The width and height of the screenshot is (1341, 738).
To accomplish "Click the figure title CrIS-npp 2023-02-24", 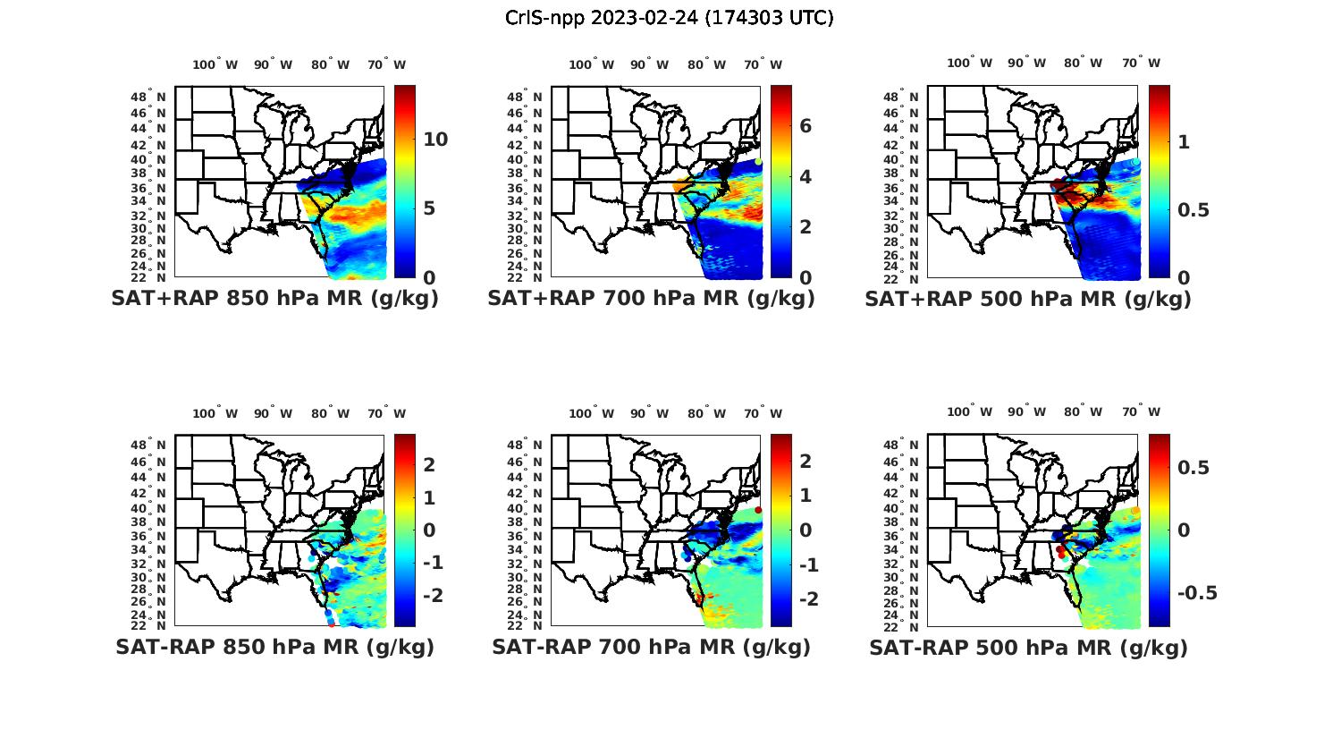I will tap(669, 18).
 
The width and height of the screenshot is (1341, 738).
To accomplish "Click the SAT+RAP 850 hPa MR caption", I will tap(274, 299).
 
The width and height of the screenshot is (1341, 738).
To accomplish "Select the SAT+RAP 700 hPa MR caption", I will tap(651, 299).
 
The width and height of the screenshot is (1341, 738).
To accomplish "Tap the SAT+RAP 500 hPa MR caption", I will tap(1028, 299).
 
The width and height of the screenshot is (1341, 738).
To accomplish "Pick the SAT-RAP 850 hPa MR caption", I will tap(274, 647).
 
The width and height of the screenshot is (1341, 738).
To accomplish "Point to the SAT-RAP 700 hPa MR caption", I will tap(651, 647).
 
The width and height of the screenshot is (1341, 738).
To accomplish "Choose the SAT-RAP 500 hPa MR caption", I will tap(1028, 647).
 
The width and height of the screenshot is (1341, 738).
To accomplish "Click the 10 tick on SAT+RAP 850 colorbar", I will tap(435, 140).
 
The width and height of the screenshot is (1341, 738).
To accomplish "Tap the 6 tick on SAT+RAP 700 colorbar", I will tap(805, 126).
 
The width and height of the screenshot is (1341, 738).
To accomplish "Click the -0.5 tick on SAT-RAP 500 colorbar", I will tap(1197, 593).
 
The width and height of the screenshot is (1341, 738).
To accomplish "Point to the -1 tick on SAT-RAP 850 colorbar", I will tap(434, 562).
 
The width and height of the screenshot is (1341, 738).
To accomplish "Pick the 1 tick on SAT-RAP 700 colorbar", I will tap(805, 495).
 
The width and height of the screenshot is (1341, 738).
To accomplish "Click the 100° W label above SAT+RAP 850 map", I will tap(215, 64).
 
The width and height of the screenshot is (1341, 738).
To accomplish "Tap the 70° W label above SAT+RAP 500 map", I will tap(1142, 63).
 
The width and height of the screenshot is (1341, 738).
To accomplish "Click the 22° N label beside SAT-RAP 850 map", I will tap(148, 624).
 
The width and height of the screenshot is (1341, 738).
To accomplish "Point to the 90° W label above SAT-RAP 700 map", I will tap(649, 413).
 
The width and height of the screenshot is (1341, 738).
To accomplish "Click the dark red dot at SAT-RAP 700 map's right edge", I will tap(758, 510).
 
